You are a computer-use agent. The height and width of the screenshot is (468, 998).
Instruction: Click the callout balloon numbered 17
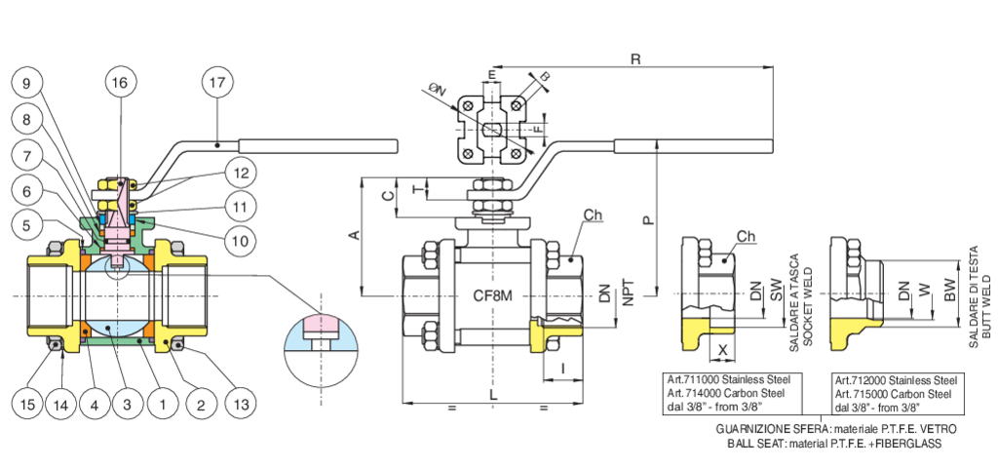pyautogui.click(x=217, y=83)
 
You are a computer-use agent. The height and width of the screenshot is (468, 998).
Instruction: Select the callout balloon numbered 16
pyautogui.click(x=119, y=83)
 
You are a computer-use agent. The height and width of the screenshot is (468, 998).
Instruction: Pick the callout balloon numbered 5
pyautogui.click(x=28, y=224)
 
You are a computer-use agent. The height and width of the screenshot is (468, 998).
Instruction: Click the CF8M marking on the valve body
pyautogui.click(x=493, y=294)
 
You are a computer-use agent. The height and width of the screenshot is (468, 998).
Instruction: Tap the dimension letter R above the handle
pyautogui.click(x=635, y=59)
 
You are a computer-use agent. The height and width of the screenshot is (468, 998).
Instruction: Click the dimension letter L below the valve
pyautogui.click(x=494, y=391)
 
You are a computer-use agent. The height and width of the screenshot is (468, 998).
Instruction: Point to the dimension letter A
pyautogui.click(x=355, y=235)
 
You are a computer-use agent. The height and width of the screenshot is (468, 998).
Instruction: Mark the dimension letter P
pyautogui.click(x=647, y=221)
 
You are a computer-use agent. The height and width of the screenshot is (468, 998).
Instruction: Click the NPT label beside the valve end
pyautogui.click(x=628, y=293)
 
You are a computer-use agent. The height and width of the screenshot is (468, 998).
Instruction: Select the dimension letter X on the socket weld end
pyautogui.click(x=723, y=348)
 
